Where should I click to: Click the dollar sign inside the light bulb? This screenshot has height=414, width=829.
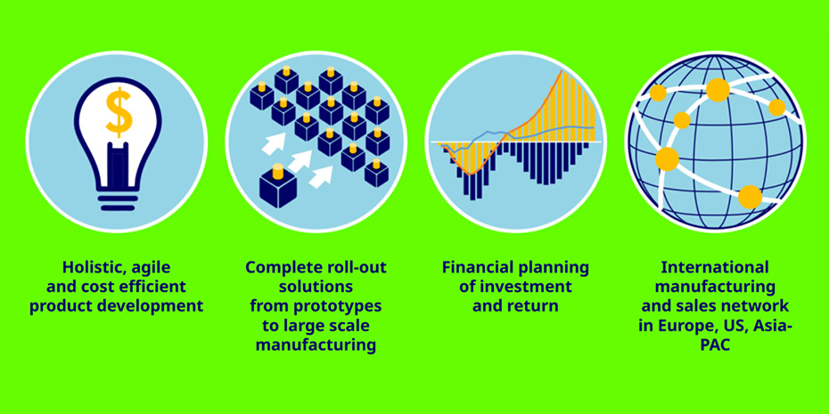[119, 112]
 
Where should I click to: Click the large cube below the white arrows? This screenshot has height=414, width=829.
[278, 186]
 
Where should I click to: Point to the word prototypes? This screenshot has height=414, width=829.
[341, 306]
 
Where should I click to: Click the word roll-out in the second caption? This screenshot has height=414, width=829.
[358, 267]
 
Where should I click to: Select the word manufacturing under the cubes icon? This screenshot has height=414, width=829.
[316, 345]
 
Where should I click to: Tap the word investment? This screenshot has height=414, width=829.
[531, 287]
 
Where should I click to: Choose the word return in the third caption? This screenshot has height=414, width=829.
[537, 306]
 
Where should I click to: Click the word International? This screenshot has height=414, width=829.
[715, 267]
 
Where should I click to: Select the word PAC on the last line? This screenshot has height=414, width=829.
[715, 345]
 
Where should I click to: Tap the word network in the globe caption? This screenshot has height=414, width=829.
[757, 306]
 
